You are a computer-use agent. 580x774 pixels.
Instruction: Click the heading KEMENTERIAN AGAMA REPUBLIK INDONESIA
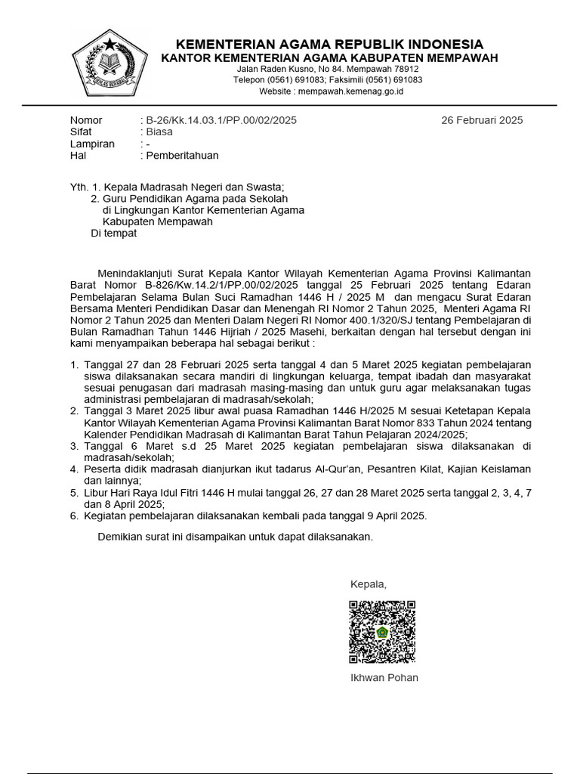click(x=329, y=44)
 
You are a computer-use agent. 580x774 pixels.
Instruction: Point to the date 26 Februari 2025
click(x=482, y=120)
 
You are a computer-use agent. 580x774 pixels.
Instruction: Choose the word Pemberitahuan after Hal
click(x=182, y=156)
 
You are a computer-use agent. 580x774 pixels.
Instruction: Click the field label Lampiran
click(x=92, y=144)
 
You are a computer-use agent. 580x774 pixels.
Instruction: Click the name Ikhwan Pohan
click(x=384, y=677)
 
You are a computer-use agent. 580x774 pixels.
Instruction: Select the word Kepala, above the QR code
click(x=369, y=584)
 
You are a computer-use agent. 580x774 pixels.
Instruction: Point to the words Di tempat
click(x=114, y=234)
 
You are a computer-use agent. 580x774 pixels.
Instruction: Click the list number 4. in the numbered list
click(x=74, y=469)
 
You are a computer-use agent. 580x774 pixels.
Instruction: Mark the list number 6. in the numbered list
click(x=74, y=516)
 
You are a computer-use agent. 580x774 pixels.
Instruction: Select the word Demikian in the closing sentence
click(x=122, y=537)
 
